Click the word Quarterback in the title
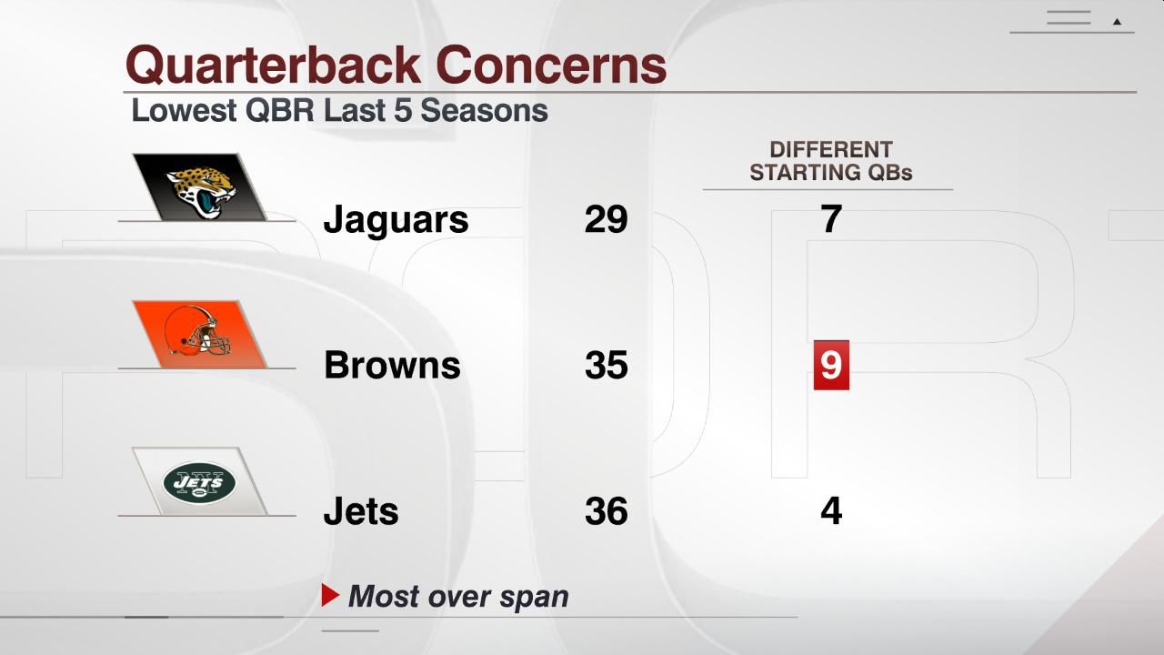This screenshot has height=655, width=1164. pos(274,65)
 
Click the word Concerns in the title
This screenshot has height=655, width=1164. pos(551,65)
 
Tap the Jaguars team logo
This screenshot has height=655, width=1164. pos(199,186)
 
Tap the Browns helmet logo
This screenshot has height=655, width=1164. pos(199,334)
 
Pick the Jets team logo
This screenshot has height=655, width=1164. pos(199,481)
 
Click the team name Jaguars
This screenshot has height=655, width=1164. pos(396,219)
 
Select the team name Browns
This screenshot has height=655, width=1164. pos(392,366)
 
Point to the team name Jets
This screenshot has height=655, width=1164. pos(361,511)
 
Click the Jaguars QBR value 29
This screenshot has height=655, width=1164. pos(606,219)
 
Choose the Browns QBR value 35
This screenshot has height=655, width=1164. pos(606,366)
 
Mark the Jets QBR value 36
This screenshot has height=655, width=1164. pos(606,511)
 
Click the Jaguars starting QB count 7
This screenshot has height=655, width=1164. pos(831,219)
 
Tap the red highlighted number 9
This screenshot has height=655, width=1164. pos(831,366)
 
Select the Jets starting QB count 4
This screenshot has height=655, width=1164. pos(831,511)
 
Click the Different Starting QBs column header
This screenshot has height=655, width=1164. pos(830,161)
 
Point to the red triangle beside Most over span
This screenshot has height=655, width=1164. pos(330,596)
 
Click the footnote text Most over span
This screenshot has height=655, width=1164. pos(458,597)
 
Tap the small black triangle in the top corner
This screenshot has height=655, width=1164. pos(1117,21)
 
